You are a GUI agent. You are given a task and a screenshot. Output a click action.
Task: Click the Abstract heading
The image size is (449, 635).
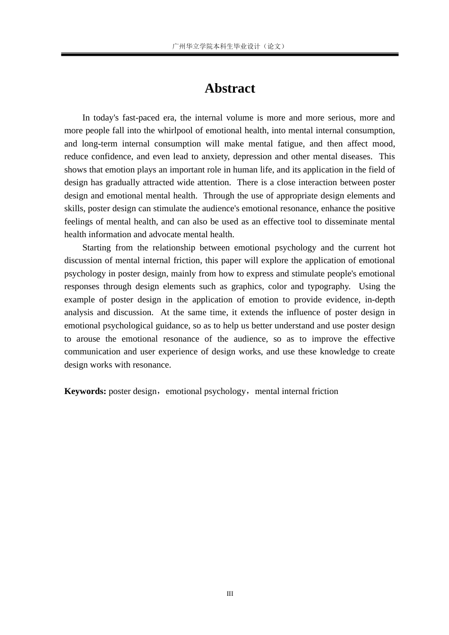click(x=230, y=88)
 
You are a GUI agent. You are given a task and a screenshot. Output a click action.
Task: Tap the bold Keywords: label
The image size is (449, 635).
click(x=85, y=391)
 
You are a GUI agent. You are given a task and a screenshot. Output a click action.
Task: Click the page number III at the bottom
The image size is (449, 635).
click(x=230, y=593)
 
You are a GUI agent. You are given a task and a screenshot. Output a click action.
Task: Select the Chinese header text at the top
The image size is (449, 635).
click(x=230, y=46)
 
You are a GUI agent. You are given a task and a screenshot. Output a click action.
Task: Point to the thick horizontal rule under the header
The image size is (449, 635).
click(x=230, y=55)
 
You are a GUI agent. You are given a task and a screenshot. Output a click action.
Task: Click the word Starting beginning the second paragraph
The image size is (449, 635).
click(x=96, y=248)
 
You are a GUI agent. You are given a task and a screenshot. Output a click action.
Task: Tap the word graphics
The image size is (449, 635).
click(x=247, y=286)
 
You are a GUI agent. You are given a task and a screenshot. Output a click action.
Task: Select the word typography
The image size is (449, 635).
click(x=329, y=286)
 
